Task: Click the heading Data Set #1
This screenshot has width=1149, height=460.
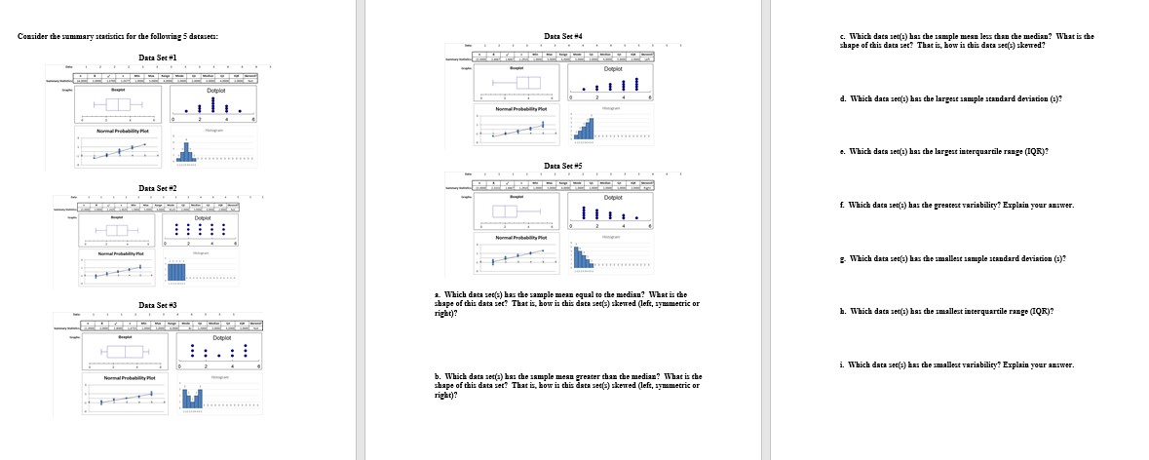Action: pos(158,57)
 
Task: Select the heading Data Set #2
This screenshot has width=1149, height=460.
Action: pos(158,187)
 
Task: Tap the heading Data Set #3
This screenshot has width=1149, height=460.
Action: pos(158,305)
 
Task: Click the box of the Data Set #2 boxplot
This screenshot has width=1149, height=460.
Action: pos(116,230)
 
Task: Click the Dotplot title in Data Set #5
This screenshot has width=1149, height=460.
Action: pos(614,198)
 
